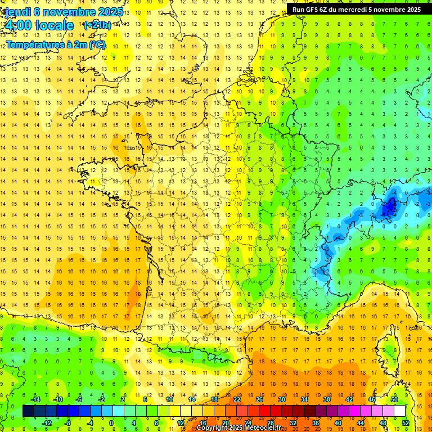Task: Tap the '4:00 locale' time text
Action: pos(38,25)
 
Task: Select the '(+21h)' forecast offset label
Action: pos(97,25)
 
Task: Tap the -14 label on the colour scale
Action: pos(35,399)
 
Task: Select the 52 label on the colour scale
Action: pos(406,422)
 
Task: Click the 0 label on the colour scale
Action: pos(111,422)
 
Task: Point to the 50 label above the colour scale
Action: pos(394,399)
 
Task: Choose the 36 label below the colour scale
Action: pos(315,422)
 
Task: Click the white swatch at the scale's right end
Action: pos(400,411)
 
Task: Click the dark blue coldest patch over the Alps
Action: pos(389,208)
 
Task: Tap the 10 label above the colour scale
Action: pos(169,399)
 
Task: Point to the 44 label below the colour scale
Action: pos(360,422)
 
